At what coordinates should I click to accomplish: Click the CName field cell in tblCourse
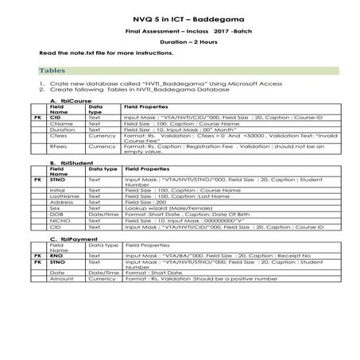click(60, 124)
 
